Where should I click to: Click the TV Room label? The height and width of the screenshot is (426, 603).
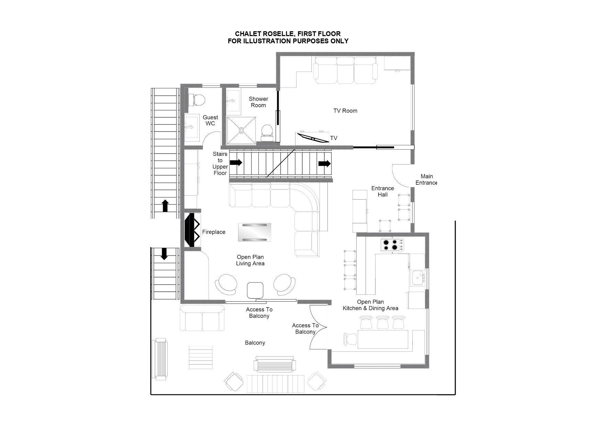click(x=345, y=111)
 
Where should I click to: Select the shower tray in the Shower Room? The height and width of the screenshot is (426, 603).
click(x=242, y=130)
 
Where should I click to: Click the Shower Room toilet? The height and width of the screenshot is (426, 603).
click(x=267, y=133)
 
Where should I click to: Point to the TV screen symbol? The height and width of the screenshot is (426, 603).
click(x=313, y=138)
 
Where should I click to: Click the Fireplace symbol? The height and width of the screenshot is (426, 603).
click(x=192, y=229)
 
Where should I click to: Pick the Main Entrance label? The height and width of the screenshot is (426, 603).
click(x=426, y=180)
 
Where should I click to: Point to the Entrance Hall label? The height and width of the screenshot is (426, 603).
click(x=382, y=191)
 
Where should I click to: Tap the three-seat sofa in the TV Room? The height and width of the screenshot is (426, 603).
click(x=346, y=70)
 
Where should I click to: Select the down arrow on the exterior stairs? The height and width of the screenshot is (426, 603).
click(x=164, y=254)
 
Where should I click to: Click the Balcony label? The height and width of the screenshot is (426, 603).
click(x=255, y=343)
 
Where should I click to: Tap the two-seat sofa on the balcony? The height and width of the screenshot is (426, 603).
click(x=202, y=318)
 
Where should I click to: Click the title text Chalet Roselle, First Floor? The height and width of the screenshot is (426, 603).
click(x=288, y=34)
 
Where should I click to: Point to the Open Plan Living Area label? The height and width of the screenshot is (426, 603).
click(x=250, y=260)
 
